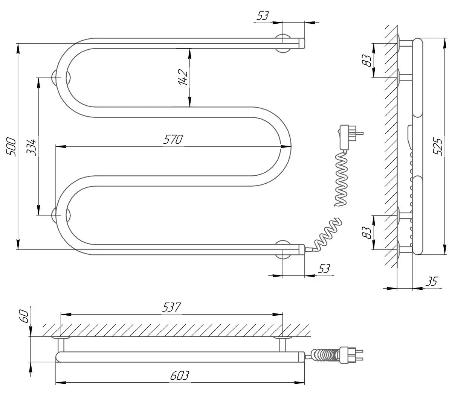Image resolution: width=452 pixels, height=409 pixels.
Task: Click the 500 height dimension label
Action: coord(11,147)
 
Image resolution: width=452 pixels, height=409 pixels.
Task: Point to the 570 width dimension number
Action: coord(173,139)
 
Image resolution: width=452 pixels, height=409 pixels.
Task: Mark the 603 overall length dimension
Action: coord(179,376)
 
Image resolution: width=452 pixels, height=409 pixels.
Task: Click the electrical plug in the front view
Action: coord(348,136)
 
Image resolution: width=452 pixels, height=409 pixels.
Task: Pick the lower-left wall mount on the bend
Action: coord(56,215)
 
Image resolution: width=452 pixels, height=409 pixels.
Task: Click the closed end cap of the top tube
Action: coord(301,43)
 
